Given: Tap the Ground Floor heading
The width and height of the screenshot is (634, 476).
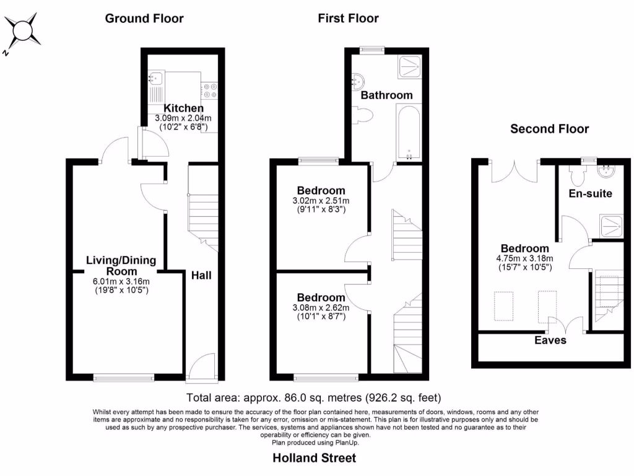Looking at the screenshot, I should [x=144, y=18].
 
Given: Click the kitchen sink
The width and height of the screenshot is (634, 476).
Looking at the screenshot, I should [x=155, y=79].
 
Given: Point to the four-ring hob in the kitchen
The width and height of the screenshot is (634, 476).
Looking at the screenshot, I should [x=210, y=90].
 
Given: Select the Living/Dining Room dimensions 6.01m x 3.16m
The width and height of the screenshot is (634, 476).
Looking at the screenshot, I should [x=121, y=281].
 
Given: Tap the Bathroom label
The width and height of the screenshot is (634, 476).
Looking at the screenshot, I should [x=386, y=95].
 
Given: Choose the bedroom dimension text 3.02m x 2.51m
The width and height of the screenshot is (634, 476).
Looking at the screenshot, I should [x=321, y=201].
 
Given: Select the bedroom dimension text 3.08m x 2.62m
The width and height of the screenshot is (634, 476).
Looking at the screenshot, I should [x=321, y=308].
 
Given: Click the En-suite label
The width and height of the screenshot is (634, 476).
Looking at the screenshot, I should [x=590, y=193].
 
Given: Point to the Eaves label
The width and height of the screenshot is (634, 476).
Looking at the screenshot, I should [x=550, y=340].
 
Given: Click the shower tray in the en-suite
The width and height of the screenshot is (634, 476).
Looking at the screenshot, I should [x=610, y=226].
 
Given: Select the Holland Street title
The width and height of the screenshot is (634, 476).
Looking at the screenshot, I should [x=315, y=459].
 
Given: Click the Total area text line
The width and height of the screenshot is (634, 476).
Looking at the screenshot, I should [x=314, y=397].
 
